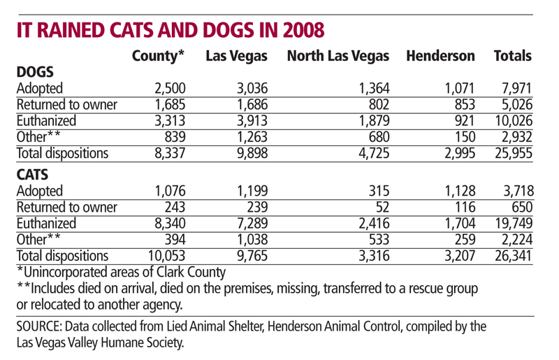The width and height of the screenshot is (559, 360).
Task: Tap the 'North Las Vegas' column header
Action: (337, 56)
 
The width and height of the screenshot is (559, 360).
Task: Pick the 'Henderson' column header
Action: (440, 56)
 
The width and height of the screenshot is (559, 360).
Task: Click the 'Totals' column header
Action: (512, 56)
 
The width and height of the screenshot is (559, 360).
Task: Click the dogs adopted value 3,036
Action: (251, 88)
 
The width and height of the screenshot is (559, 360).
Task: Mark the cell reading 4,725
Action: (372, 152)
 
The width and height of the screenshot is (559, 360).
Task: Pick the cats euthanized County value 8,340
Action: (168, 224)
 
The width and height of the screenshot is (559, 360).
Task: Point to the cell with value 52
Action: (381, 208)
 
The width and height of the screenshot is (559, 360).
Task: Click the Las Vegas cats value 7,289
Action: (251, 224)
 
